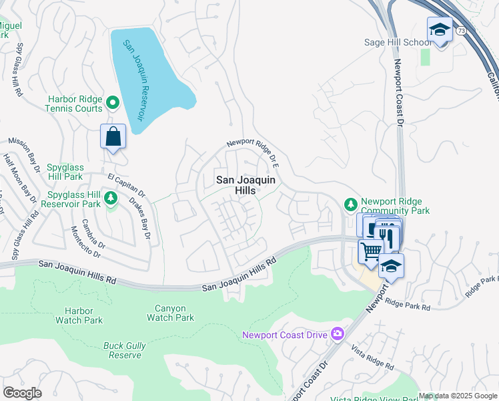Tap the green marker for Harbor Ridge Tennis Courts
point(113,102)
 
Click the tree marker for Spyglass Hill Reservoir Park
point(111,197)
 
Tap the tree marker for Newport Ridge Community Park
point(349,203)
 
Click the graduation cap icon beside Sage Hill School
point(440,29)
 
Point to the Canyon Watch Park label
point(175,313)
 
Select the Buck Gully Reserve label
point(123,350)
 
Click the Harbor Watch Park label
point(84,315)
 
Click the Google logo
point(22,393)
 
